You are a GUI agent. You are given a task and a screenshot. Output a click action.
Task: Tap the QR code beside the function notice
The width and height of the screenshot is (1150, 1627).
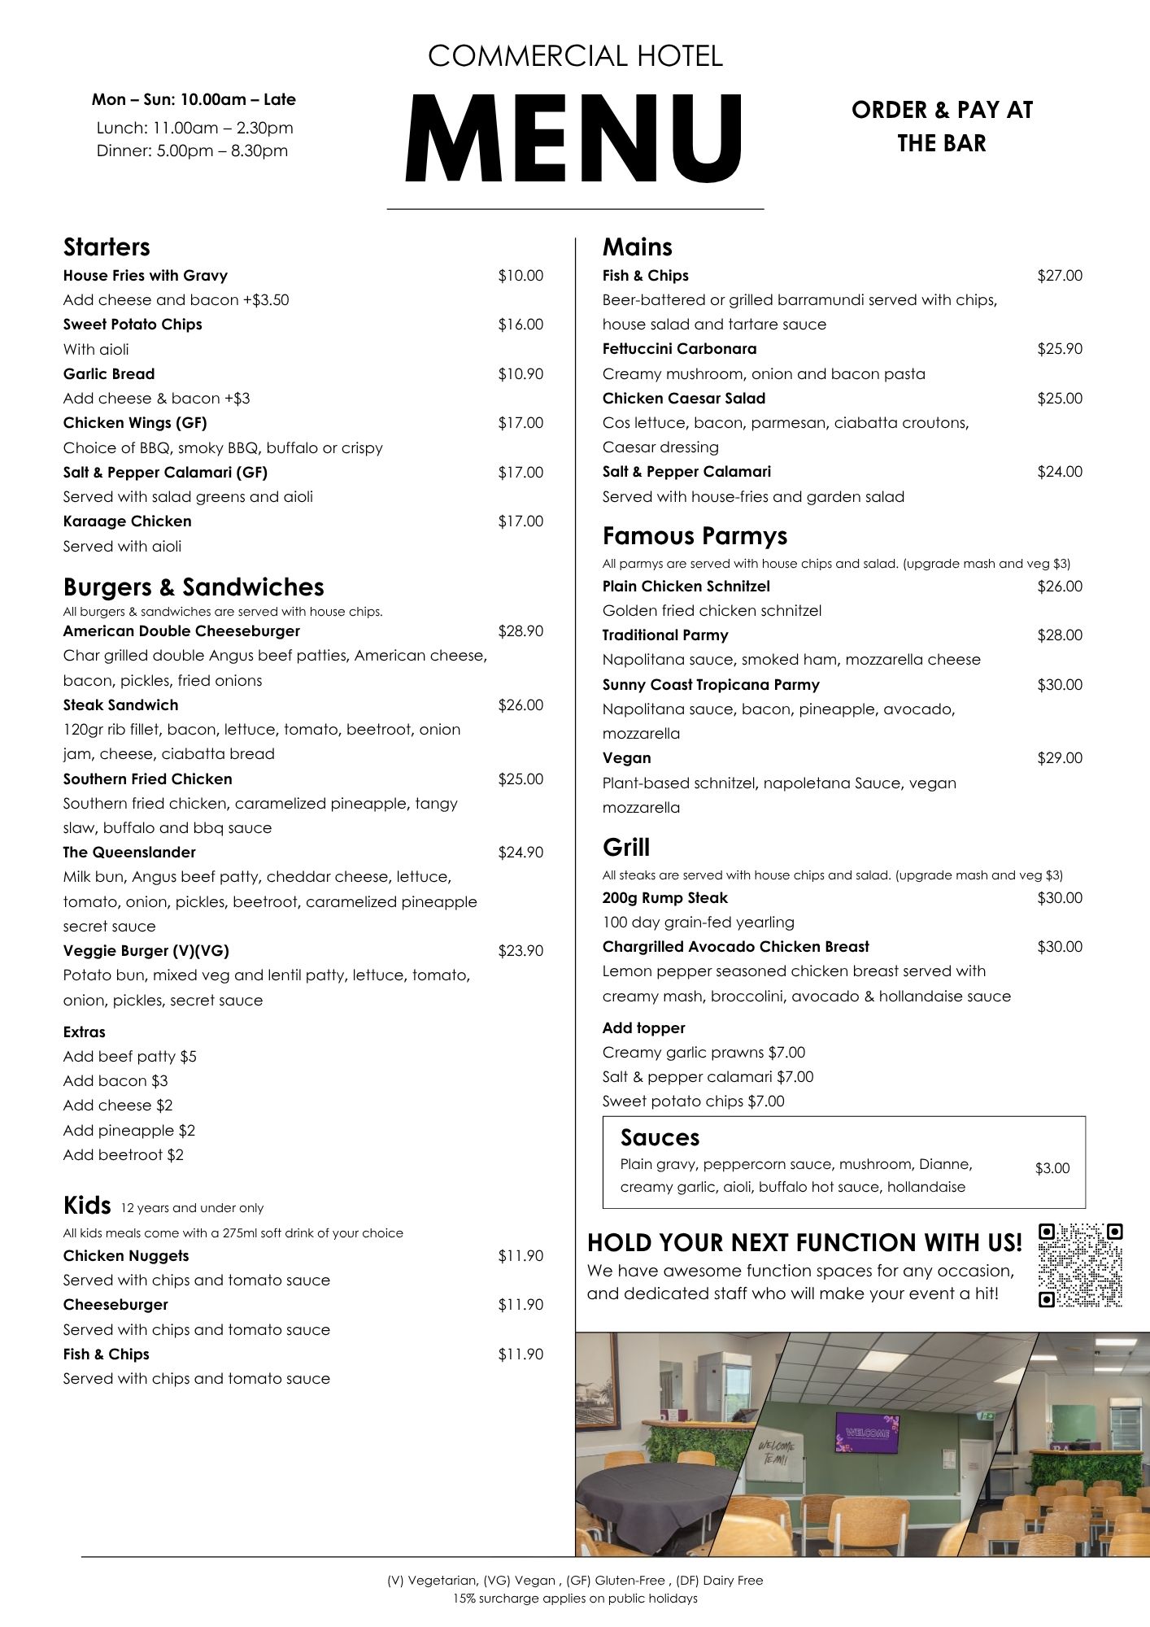point(1081,1265)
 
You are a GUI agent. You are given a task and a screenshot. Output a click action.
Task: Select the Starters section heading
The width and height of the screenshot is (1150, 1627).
point(107,247)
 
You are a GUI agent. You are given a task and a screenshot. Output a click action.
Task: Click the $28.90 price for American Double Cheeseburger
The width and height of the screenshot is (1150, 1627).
point(521,631)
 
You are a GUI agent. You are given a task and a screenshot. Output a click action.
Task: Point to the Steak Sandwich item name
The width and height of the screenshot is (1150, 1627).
point(120,705)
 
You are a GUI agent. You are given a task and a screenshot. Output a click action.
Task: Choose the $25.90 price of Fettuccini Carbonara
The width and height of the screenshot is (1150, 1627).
point(1059,349)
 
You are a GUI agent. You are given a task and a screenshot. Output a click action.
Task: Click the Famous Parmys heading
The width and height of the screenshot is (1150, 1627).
point(695,536)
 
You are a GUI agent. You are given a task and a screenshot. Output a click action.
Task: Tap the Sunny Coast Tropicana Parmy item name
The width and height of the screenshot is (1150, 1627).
point(711,685)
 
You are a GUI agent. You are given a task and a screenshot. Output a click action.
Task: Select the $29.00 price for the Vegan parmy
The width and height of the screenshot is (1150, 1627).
point(1059,758)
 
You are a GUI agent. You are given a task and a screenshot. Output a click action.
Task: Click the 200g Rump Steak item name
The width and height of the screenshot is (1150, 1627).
point(664,898)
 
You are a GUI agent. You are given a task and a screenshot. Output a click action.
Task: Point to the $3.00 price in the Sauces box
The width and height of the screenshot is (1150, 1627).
point(1052,1168)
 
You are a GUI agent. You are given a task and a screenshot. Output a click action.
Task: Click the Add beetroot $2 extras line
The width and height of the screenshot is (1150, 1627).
point(124,1154)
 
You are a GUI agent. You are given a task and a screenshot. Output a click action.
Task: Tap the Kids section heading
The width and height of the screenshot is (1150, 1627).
point(87,1204)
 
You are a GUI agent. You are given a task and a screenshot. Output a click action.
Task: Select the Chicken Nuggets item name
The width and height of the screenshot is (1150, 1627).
point(126,1256)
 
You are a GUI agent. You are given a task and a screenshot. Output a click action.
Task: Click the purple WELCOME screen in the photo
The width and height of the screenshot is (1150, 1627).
point(866,1433)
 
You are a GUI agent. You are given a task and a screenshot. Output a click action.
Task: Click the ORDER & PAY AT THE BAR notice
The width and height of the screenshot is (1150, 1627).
point(942,126)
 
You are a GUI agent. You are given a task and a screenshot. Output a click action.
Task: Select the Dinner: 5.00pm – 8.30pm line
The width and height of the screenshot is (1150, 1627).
point(192,150)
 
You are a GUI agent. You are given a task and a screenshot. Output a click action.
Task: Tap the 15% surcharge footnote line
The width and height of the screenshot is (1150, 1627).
point(575,1599)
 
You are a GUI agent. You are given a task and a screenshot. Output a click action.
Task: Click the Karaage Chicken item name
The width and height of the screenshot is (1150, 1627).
point(128,521)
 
